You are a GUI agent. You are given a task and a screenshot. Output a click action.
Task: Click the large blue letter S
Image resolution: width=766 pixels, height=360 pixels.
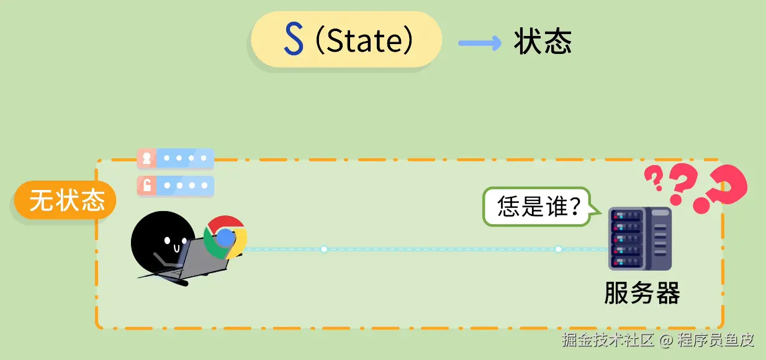[x=293, y=40]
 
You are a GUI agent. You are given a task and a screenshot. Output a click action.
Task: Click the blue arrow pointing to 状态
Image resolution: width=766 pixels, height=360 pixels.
[x=479, y=43]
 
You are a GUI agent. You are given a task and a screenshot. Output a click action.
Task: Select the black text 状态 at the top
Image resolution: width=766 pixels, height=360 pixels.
[x=543, y=42]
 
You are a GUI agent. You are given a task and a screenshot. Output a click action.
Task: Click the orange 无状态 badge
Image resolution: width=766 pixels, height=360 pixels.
[x=66, y=200]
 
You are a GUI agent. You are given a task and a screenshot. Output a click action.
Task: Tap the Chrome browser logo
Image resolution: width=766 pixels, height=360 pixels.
[x=225, y=237]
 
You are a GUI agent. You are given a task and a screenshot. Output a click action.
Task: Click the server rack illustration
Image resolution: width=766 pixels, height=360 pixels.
[x=640, y=238]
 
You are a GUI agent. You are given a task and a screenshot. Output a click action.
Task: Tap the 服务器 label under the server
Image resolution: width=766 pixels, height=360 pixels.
[x=642, y=293]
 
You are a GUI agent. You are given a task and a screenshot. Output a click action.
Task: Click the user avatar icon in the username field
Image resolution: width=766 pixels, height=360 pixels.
[x=147, y=158]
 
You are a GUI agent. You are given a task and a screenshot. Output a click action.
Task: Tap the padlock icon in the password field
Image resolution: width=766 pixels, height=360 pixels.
[x=147, y=186]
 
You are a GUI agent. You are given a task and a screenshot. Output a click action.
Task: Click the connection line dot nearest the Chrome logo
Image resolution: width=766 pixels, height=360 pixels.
[x=323, y=249]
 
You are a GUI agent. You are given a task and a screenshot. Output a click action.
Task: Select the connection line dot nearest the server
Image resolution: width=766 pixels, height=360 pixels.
[x=558, y=249]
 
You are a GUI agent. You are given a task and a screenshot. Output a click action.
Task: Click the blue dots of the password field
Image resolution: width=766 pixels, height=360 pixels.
[x=184, y=186]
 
